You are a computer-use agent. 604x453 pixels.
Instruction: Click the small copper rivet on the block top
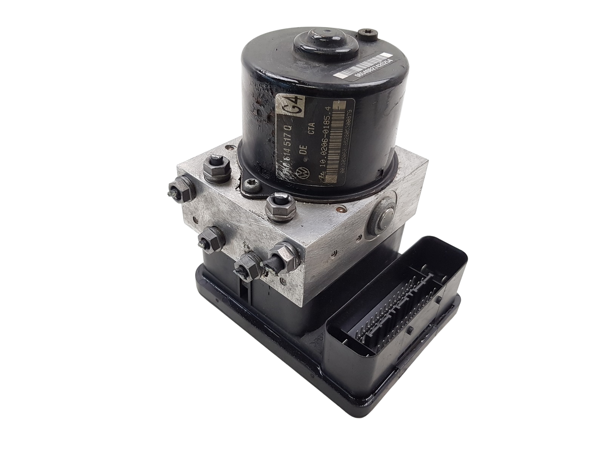[342, 208]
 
